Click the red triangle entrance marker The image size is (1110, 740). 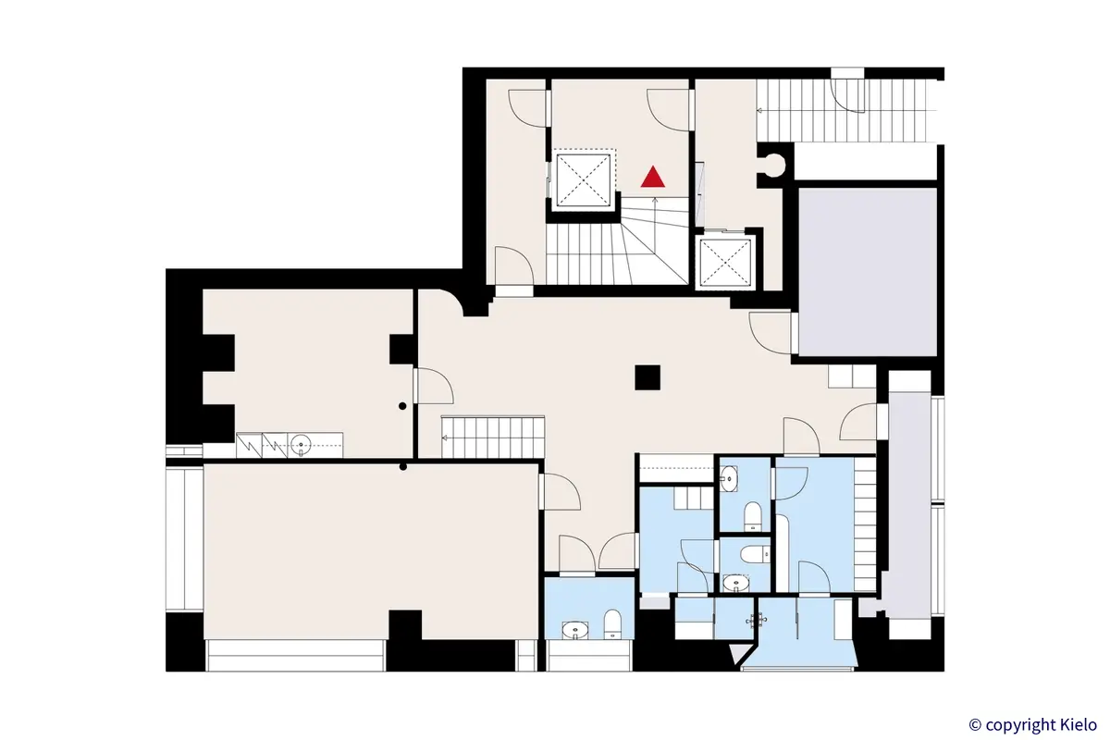(653, 176)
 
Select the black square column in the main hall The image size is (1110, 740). (647, 377)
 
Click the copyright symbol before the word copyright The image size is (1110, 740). (975, 724)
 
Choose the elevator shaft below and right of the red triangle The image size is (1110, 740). (726, 263)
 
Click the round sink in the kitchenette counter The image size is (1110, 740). (302, 446)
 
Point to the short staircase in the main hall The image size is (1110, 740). (491, 437)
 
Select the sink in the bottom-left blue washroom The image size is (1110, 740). (574, 632)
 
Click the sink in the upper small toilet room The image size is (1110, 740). (730, 478)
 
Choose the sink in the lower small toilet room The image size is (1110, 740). (735, 582)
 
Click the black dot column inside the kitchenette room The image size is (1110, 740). (402, 406)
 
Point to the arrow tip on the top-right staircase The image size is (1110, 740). (758, 110)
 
